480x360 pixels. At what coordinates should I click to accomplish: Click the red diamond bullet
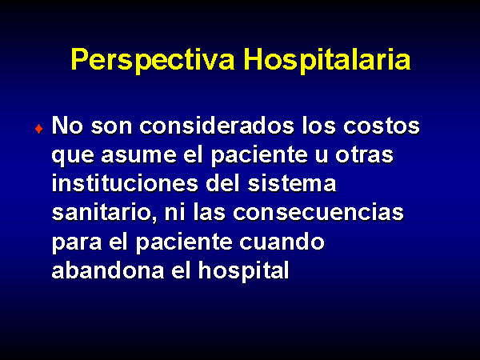(x=39, y=129)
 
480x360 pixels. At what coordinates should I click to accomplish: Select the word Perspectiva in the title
(x=153, y=60)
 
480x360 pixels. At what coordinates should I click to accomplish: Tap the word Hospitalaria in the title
(x=327, y=60)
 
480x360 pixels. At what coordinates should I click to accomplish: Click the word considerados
(x=217, y=126)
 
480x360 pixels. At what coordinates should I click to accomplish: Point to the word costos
(x=382, y=126)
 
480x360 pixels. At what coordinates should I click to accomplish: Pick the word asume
(x=138, y=155)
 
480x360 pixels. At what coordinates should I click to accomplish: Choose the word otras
(x=364, y=155)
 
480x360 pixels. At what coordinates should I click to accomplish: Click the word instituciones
(x=125, y=183)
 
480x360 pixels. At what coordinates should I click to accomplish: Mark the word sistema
(x=292, y=183)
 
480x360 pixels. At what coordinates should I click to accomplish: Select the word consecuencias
(x=318, y=213)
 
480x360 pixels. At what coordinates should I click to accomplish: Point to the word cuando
(x=282, y=242)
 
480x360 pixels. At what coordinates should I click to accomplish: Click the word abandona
(x=108, y=270)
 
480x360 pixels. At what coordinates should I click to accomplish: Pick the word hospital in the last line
(x=244, y=271)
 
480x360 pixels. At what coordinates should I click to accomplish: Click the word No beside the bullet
(x=67, y=126)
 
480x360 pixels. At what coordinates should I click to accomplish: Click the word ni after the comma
(x=174, y=213)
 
